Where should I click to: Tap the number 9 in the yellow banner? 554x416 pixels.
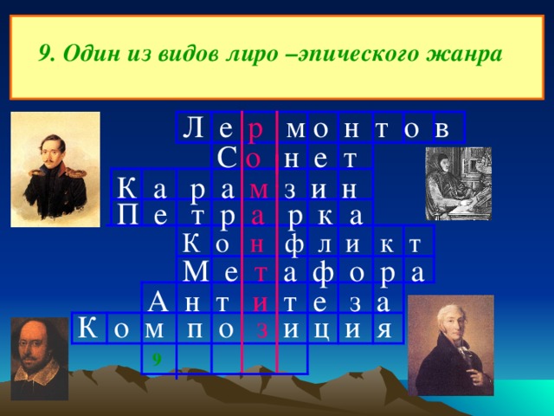coord(46,55)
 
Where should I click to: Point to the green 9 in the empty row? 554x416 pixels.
coord(157,360)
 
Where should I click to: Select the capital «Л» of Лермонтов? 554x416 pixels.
coord(193,127)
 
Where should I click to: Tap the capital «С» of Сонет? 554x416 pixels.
coord(226,158)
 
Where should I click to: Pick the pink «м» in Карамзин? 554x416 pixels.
coord(259,191)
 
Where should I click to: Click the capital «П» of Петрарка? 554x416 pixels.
coord(127,215)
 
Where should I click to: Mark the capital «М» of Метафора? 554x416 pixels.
coord(196,271)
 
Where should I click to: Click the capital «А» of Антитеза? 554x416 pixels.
coord(158,302)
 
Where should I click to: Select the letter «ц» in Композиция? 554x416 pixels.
coord(321,330)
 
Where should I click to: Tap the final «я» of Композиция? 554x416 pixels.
coord(383,329)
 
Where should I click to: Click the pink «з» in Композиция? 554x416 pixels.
coord(261,330)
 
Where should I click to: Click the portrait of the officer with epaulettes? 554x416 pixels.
coord(55,170)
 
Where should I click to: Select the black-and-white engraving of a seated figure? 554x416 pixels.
coord(458,184)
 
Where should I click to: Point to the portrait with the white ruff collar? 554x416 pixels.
coord(39,359)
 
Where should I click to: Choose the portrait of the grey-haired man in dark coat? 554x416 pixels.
coord(451,346)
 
